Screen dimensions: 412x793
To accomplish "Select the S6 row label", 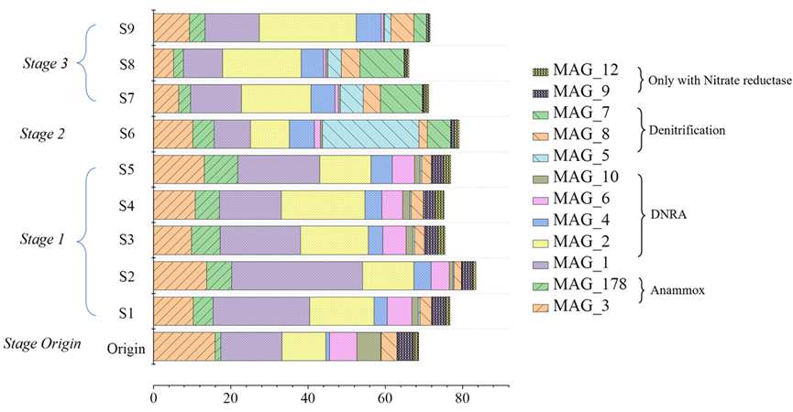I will tap(127, 134).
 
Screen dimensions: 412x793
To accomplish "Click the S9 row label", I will tap(127, 28).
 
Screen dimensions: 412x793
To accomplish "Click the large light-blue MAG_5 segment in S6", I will tap(369, 134).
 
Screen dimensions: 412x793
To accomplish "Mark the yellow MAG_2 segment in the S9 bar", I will tap(307, 28).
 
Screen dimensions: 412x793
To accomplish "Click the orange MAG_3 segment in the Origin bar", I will tap(184, 347).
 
